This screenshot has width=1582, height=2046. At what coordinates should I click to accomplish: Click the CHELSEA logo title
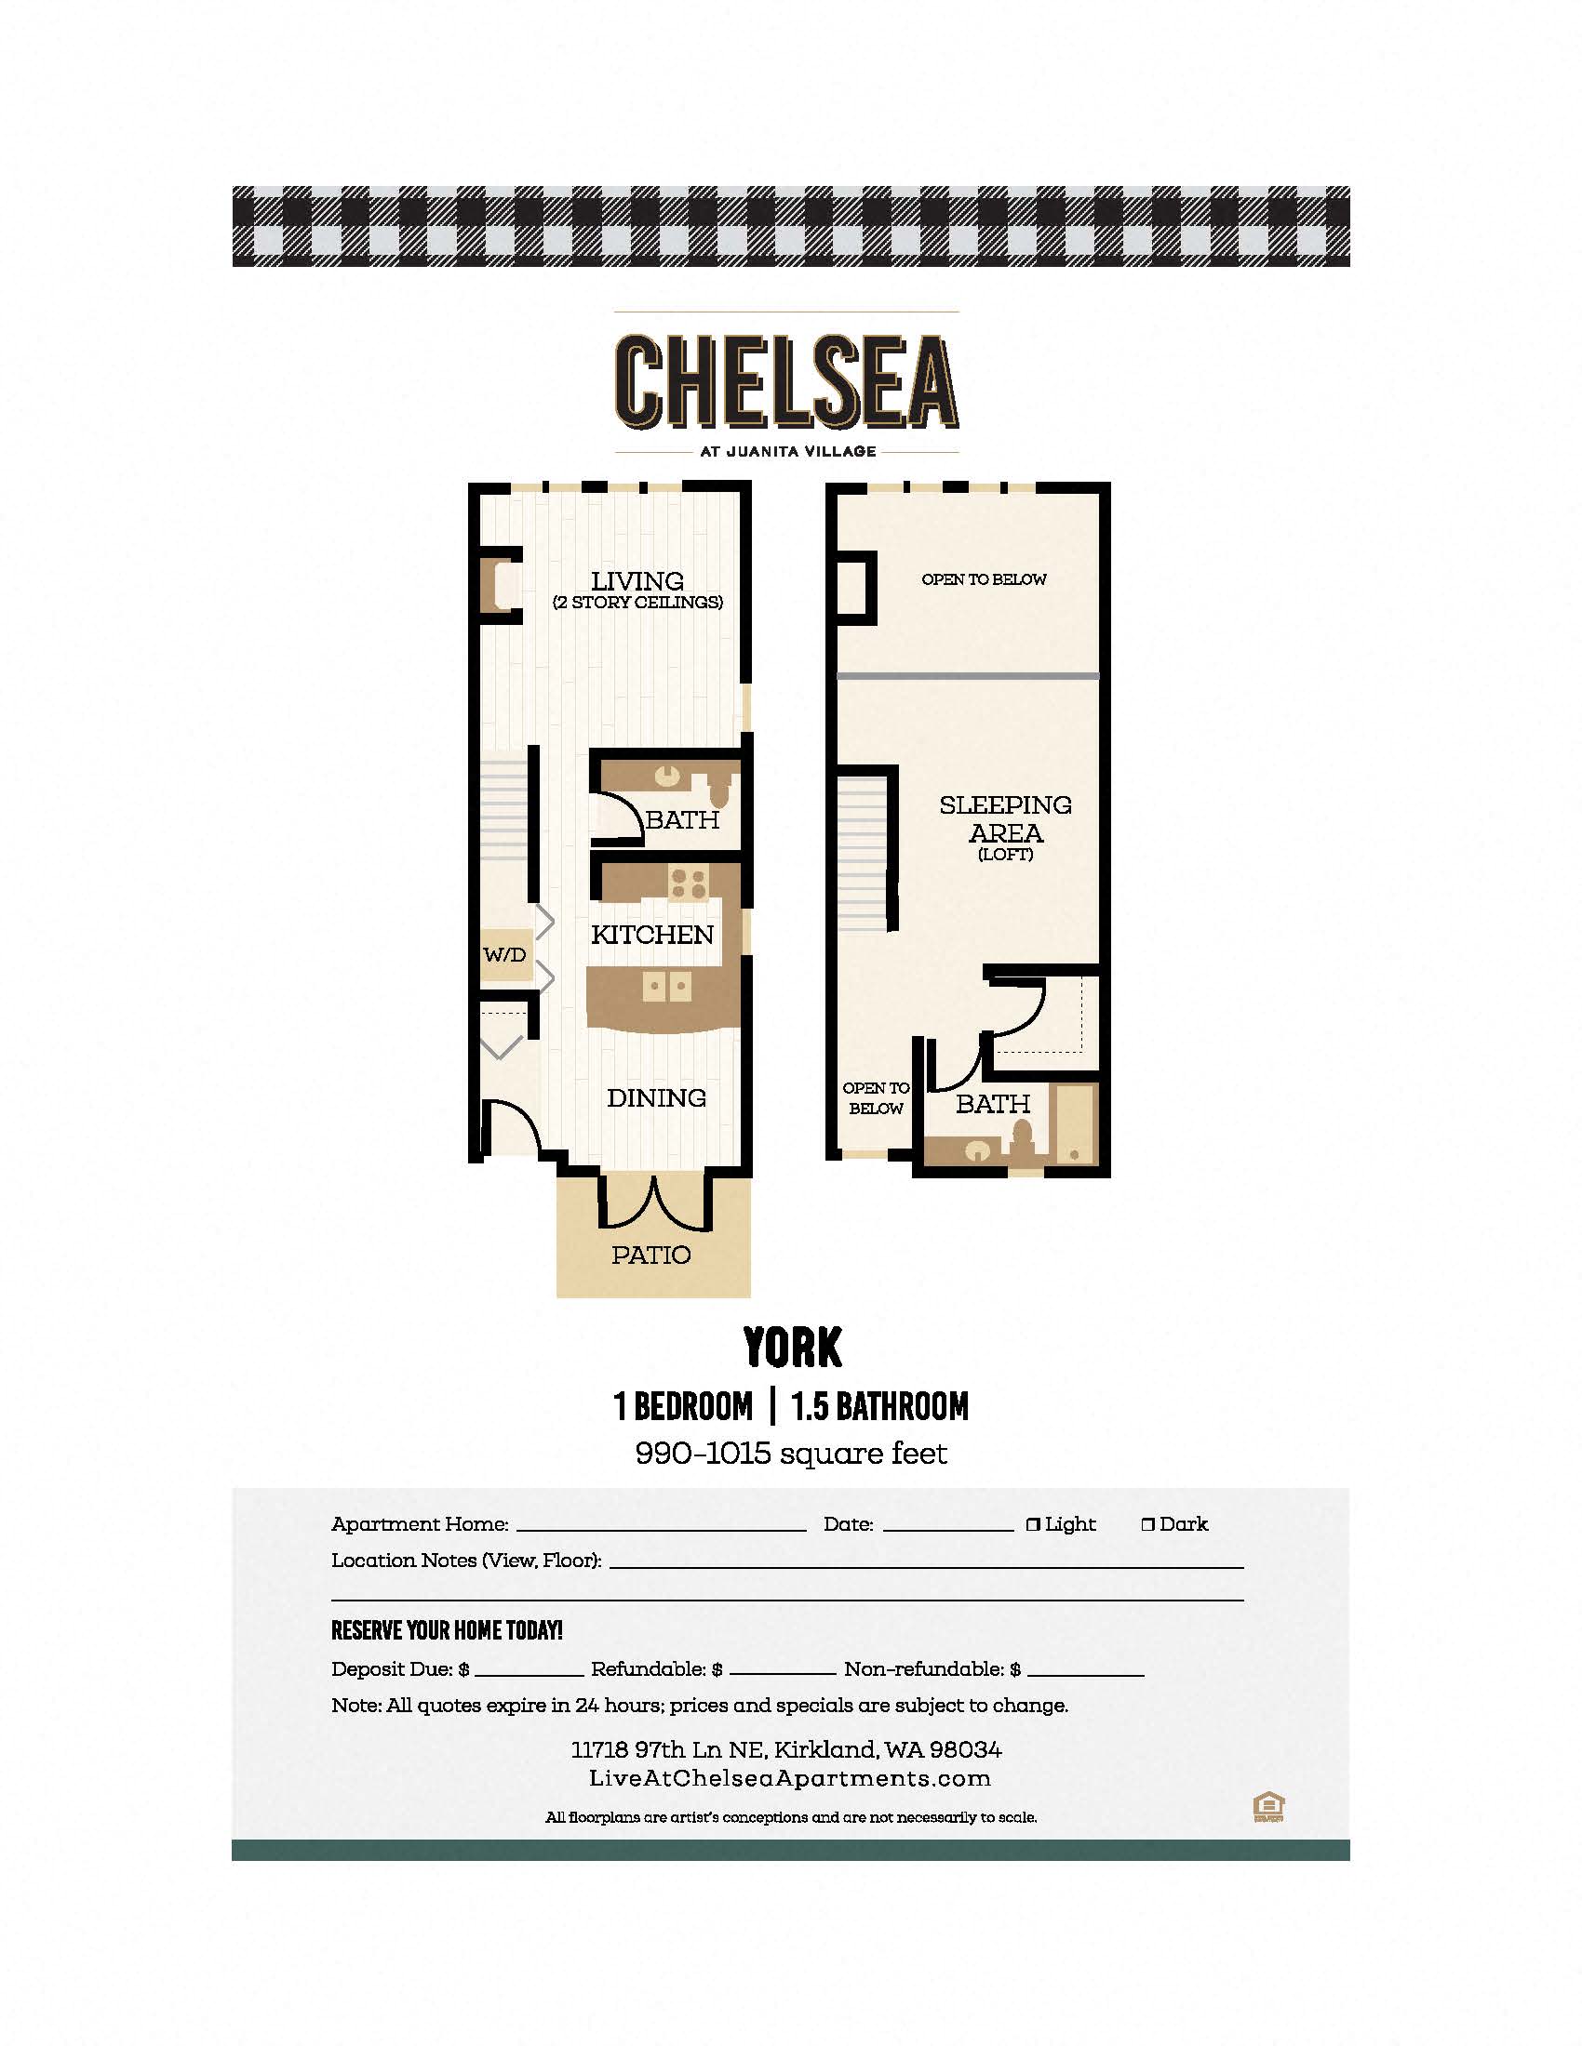point(786,381)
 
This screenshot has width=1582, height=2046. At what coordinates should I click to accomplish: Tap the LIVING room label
point(637,581)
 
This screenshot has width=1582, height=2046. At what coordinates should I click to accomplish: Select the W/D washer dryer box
point(505,955)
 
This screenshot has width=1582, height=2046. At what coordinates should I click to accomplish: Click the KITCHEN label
point(652,934)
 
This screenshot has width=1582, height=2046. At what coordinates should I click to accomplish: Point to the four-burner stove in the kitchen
point(689,883)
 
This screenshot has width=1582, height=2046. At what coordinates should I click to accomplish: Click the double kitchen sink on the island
point(667,987)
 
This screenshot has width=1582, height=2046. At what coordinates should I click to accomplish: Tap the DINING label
point(656,1098)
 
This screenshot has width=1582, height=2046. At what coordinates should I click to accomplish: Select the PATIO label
point(651,1255)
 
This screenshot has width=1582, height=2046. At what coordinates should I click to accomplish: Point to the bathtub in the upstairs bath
point(1073,1124)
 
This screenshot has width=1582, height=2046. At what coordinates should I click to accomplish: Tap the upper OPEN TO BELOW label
point(984,579)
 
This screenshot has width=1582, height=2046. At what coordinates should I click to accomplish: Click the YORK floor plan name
point(793,1348)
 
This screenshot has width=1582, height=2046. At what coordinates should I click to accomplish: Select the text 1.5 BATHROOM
point(880,1406)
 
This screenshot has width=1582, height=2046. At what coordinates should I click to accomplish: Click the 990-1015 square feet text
point(791,1453)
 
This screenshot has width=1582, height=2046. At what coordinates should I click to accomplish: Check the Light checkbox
point(1033,1525)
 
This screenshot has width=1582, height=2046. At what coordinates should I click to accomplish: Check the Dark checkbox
point(1148,1525)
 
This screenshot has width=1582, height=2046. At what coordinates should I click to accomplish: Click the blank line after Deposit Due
point(529,1674)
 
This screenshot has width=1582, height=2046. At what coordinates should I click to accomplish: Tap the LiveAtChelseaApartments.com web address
point(789,1778)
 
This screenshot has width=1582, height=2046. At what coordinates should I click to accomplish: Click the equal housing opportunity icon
point(1268,1807)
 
